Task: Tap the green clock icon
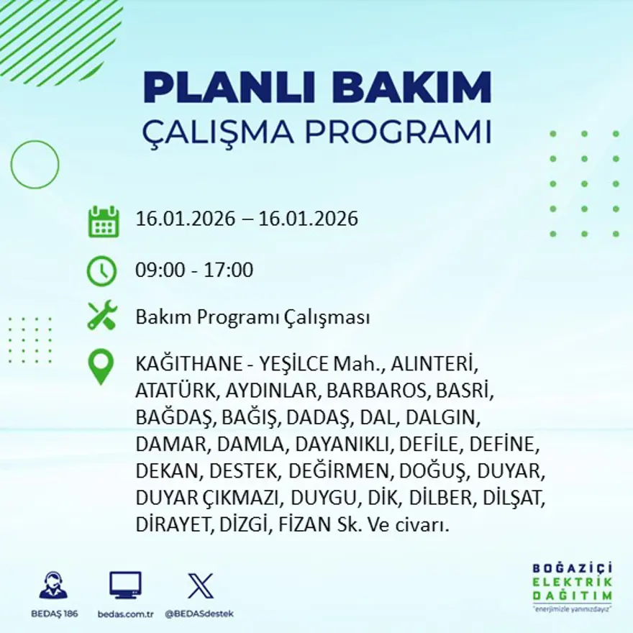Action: [101, 271]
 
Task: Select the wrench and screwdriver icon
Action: [101, 316]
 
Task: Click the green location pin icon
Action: [101, 366]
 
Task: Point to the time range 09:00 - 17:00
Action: [194, 270]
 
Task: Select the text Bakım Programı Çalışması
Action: [252, 317]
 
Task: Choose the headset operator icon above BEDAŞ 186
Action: [53, 586]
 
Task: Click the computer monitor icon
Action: [125, 586]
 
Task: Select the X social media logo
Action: [200, 586]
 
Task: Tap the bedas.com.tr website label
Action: [125, 614]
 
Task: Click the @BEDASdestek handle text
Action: [199, 614]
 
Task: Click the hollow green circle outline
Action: [35, 165]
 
